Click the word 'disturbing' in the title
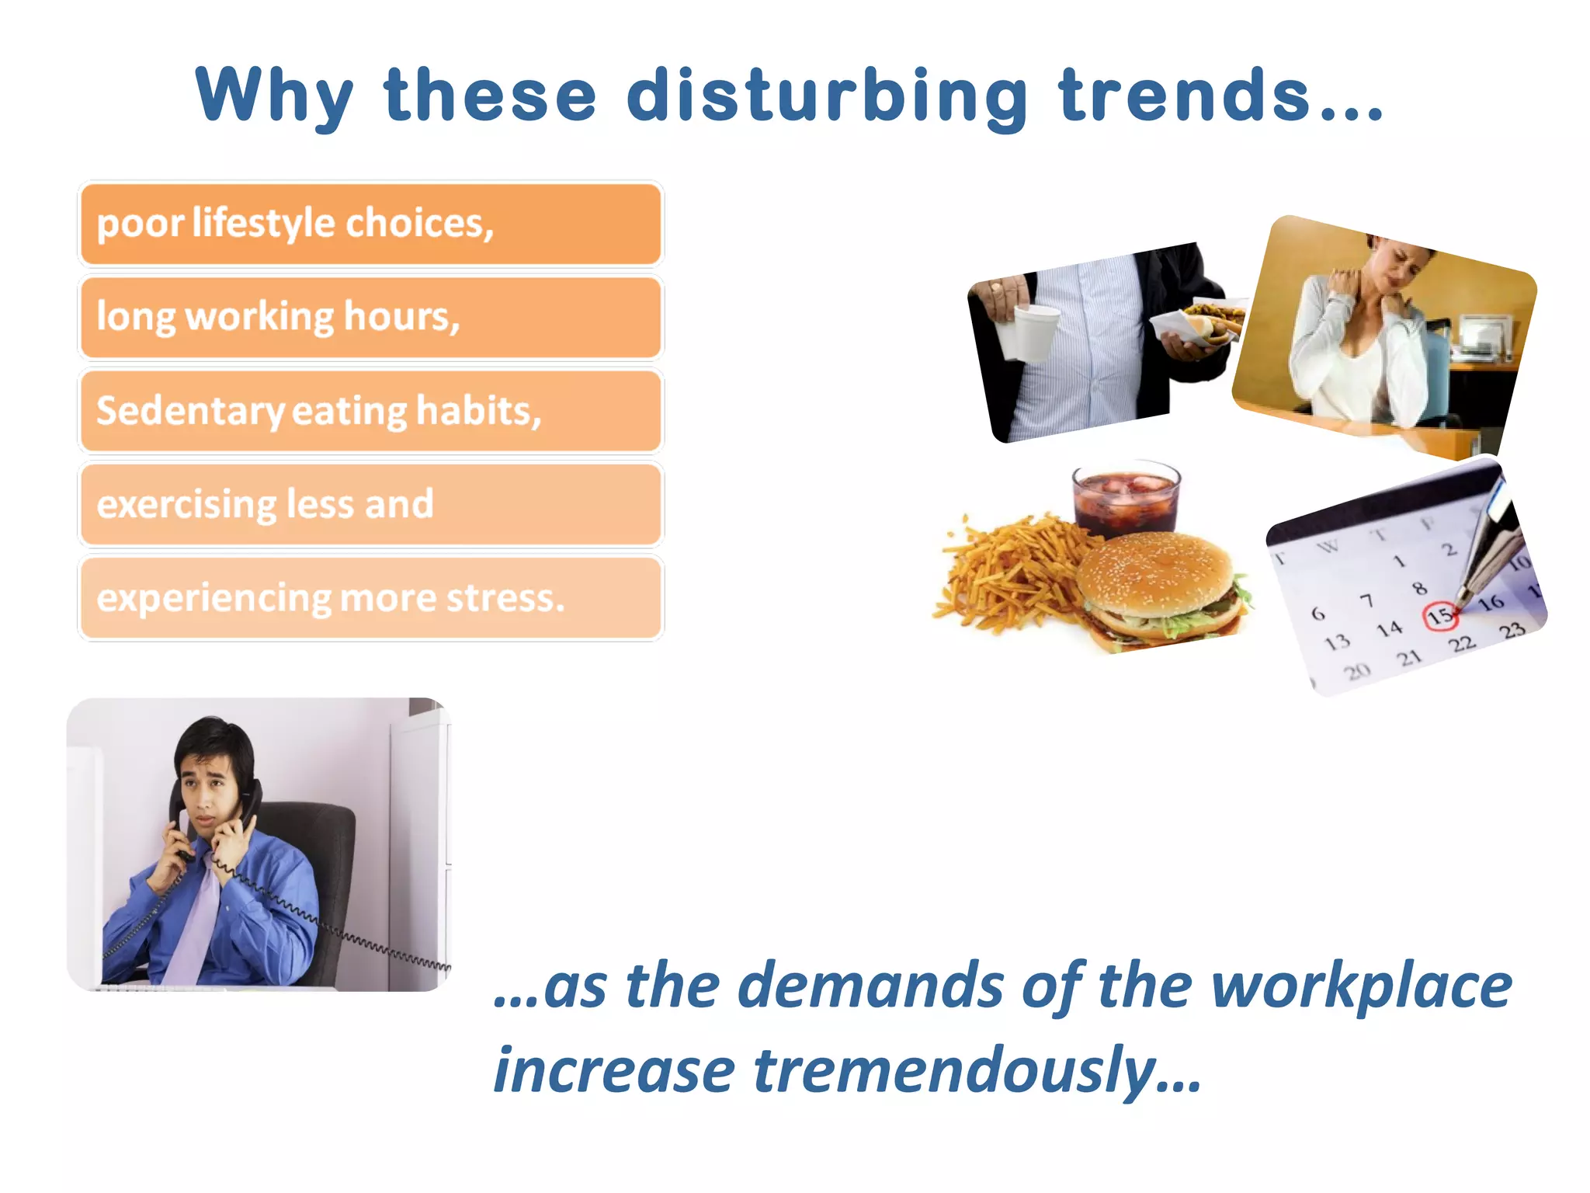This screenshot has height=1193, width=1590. tap(827, 96)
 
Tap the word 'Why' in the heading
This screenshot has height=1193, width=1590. tap(276, 96)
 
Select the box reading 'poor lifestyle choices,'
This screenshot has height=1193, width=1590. tap(371, 224)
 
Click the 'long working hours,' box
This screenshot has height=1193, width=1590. tap(371, 318)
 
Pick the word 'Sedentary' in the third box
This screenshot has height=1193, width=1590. tap(190, 411)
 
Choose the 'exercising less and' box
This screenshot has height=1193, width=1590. tap(371, 504)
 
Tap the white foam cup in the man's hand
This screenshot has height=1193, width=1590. tap(1026, 332)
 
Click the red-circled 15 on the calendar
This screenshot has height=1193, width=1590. tap(1440, 617)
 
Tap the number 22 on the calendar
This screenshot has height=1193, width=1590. tap(1461, 644)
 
